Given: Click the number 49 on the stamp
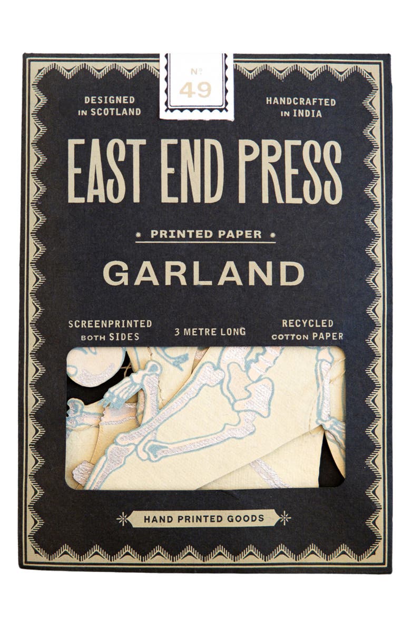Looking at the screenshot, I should click(x=195, y=90).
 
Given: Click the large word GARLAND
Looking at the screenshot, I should click(x=203, y=273).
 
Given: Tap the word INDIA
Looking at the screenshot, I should click(x=313, y=113).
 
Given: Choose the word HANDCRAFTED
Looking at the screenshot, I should click(x=301, y=101).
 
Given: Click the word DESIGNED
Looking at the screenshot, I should click(x=110, y=100).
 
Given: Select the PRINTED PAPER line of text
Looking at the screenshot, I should click(x=206, y=234).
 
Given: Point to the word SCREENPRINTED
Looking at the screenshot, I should click(x=110, y=324).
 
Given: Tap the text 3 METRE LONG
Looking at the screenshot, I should click(x=210, y=332).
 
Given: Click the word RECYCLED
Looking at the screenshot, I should click(x=308, y=323).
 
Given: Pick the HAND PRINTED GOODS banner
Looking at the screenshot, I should click(x=204, y=518).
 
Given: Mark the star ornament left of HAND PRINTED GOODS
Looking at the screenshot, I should click(x=122, y=518).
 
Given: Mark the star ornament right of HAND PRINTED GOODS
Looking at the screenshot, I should click(x=285, y=518).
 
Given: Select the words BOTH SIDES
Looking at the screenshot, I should click(x=111, y=336).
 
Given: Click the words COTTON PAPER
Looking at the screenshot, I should click(x=307, y=336).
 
